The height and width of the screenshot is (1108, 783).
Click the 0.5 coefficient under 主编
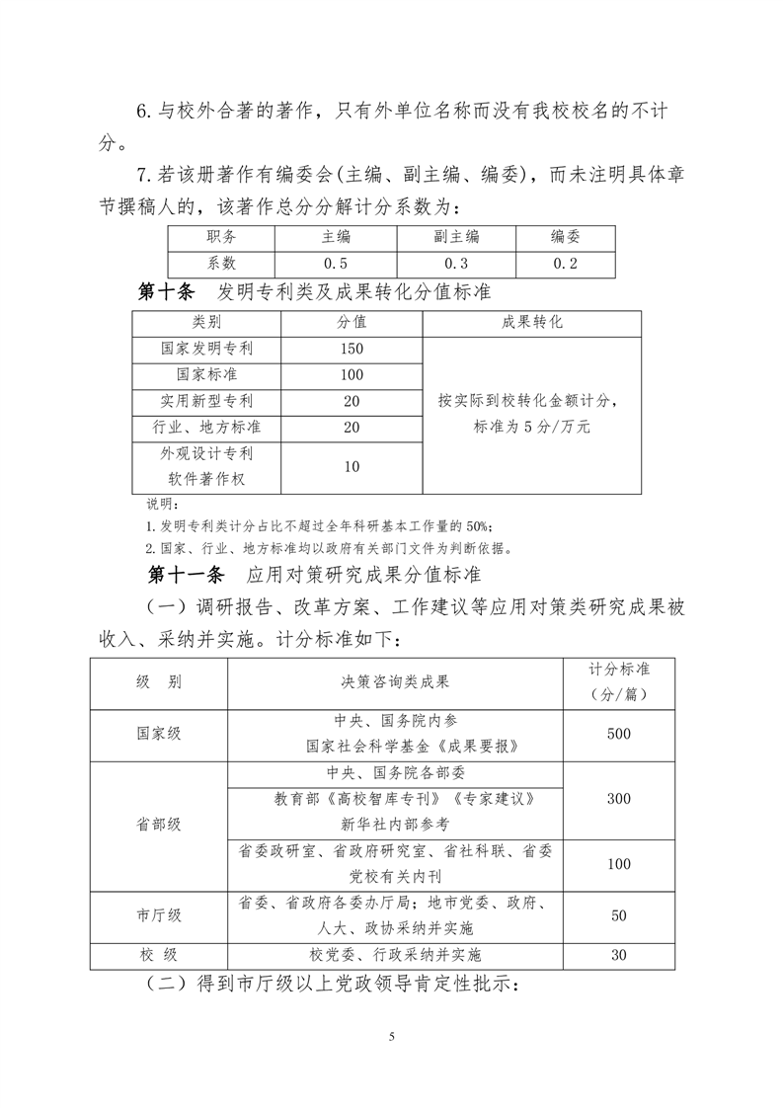point(336,264)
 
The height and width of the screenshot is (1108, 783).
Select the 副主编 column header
point(455,238)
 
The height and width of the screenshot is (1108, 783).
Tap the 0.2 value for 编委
point(565,264)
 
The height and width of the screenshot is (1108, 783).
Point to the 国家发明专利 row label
point(206,349)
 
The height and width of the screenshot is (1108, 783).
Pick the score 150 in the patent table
point(352,349)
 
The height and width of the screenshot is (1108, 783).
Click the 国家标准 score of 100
point(352,375)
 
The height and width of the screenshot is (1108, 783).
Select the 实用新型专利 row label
point(206,402)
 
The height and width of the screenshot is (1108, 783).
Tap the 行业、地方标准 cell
point(206,428)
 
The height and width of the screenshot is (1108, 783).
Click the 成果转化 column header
point(531,323)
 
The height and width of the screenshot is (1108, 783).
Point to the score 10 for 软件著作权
point(352,466)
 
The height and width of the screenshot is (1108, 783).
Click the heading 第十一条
point(187,573)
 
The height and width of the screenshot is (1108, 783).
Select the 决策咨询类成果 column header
point(394,681)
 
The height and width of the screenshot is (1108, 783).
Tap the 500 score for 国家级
point(619,735)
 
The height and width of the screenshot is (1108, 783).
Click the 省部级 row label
point(159,824)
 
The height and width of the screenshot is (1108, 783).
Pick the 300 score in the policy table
point(619,798)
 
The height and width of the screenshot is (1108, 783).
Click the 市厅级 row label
point(159,915)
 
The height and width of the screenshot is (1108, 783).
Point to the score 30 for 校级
point(619,954)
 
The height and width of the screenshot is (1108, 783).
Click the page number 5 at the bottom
point(392,1036)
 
